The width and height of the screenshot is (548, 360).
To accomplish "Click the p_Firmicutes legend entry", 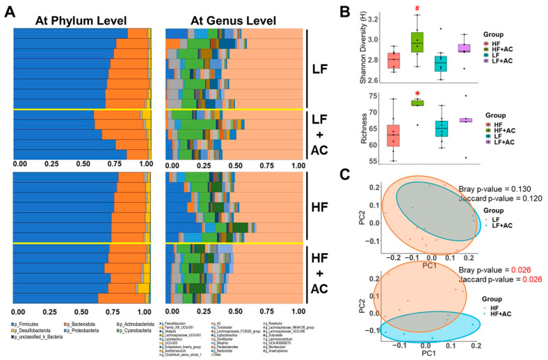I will tap(31, 323).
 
